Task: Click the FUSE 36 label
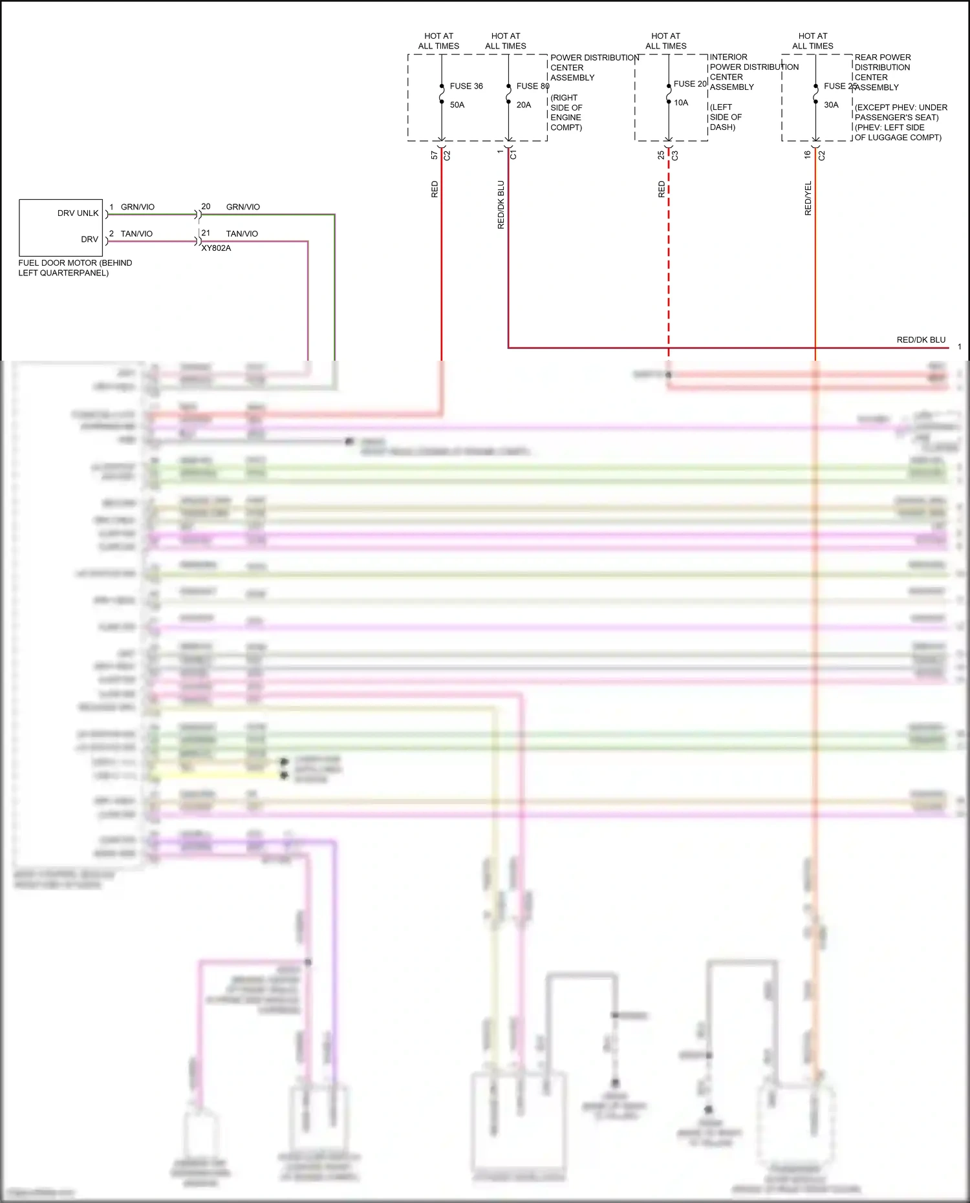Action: pos(466,86)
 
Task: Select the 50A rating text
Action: pos(457,105)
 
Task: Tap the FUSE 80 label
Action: pos(532,86)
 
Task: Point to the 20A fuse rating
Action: pos(524,105)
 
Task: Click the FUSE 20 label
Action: pos(690,84)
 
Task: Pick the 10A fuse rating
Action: pos(681,103)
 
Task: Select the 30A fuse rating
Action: pos(831,105)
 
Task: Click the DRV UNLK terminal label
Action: pos(78,213)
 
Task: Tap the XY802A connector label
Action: pos(216,248)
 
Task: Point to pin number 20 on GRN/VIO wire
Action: pos(206,207)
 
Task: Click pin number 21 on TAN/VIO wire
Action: pos(206,233)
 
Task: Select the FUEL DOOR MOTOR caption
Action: pos(75,268)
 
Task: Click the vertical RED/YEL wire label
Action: pos(808,198)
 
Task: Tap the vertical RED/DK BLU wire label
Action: pos(501,204)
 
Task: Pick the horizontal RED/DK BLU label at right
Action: pos(921,340)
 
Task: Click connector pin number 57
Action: pos(435,155)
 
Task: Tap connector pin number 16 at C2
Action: pos(807,155)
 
